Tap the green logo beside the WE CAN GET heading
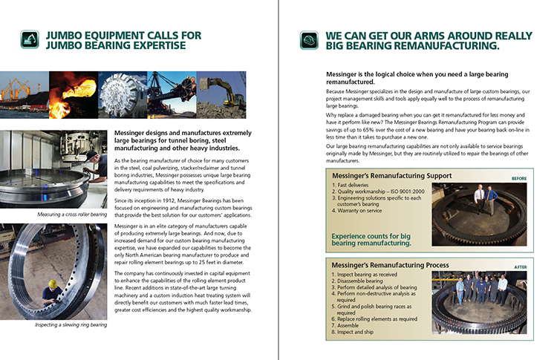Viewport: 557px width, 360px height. (x=309, y=39)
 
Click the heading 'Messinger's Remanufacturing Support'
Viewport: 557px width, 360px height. (x=382, y=176)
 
